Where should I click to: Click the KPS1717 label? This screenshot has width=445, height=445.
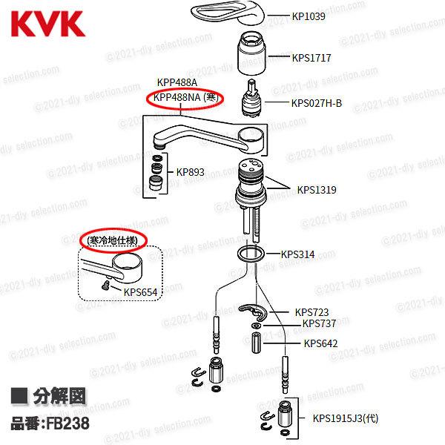tap(311, 57)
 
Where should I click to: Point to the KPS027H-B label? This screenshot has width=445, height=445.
tap(317, 102)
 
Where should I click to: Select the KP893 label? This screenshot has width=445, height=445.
tap(190, 172)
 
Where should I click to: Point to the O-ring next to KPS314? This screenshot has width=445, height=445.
tap(251, 256)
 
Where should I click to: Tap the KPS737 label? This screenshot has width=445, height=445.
tap(319, 323)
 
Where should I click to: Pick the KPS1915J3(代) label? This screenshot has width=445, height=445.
tap(345, 418)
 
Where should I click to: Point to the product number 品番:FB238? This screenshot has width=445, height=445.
tap(50, 424)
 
